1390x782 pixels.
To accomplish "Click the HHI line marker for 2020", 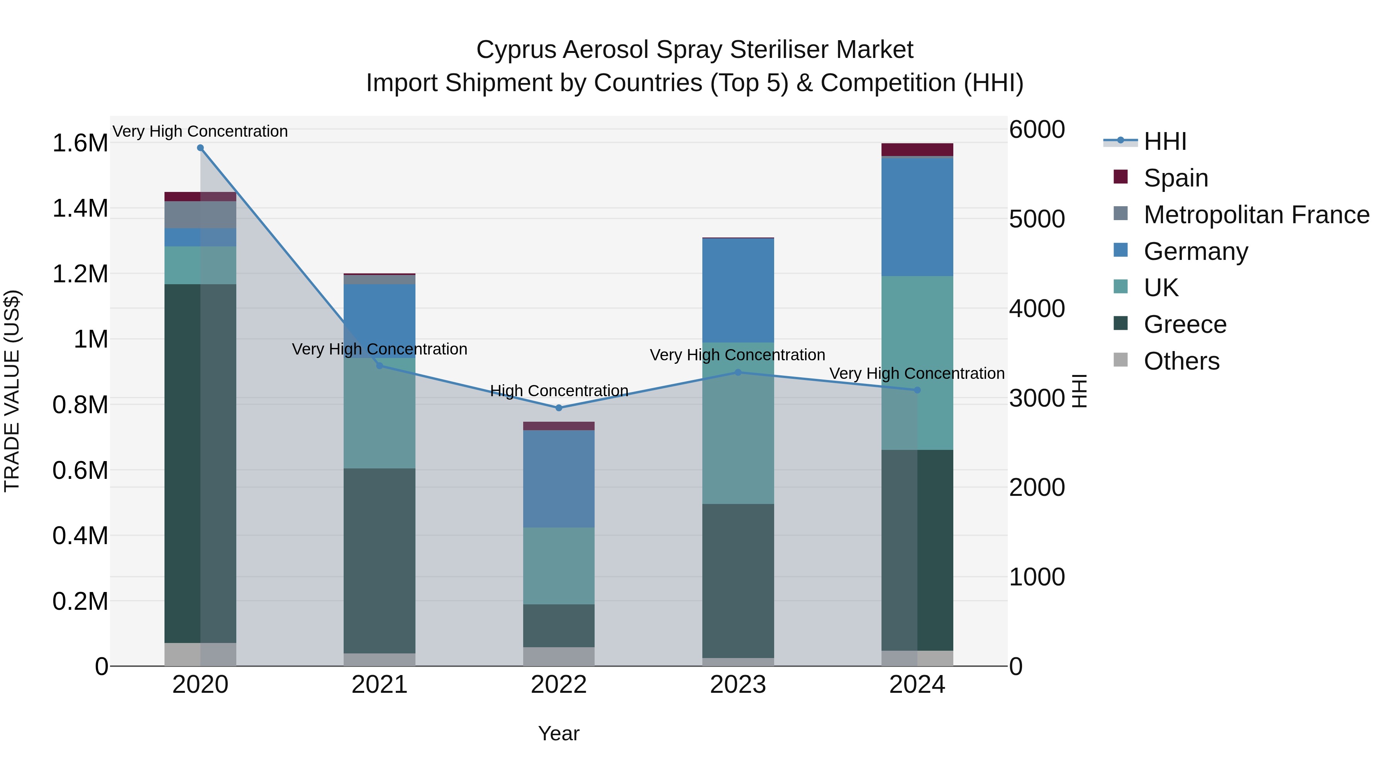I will [200, 148].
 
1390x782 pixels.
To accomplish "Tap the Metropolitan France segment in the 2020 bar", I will [200, 215].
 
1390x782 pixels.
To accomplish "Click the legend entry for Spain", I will [1175, 178].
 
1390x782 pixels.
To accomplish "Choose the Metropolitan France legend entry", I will [1256, 215].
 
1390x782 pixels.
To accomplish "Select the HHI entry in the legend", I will [1165, 141].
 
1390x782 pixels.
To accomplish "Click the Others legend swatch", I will [1121, 360].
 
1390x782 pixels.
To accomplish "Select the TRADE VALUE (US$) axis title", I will [12, 391].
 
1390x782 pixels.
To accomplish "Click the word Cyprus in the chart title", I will [515, 50].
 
